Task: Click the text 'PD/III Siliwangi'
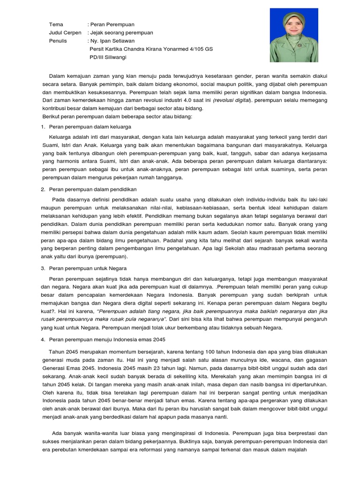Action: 108,58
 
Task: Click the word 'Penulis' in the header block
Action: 58,41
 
